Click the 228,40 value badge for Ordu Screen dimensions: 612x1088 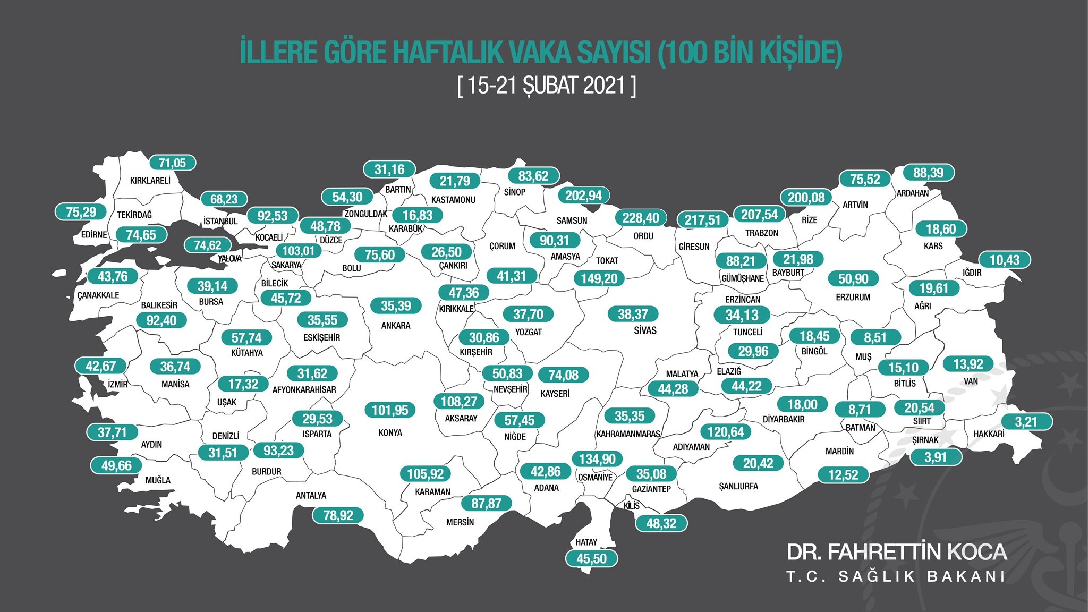pyautogui.click(x=641, y=218)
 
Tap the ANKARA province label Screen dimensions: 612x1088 pyautogui.click(x=396, y=326)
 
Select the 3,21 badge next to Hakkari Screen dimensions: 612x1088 pyautogui.click(x=1026, y=422)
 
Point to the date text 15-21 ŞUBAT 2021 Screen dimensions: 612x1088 pyautogui.click(x=547, y=85)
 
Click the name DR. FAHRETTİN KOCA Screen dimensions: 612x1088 pyautogui.click(x=896, y=552)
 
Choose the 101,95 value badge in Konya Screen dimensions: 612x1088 pyautogui.click(x=390, y=410)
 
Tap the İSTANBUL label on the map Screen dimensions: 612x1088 pyautogui.click(x=220, y=221)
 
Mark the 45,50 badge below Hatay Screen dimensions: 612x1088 pyautogui.click(x=591, y=558)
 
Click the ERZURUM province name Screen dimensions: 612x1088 pyautogui.click(x=853, y=297)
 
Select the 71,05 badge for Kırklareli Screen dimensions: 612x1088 pyautogui.click(x=172, y=163)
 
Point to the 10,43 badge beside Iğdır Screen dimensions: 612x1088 pyautogui.click(x=1005, y=260)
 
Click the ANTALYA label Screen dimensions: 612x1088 pyautogui.click(x=311, y=496)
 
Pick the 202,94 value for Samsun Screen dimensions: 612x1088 pyautogui.click(x=583, y=195)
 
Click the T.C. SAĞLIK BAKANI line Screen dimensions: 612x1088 pyautogui.click(x=896, y=577)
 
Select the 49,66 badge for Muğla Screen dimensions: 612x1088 pyautogui.click(x=116, y=466)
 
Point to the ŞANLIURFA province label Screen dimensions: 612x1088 pyautogui.click(x=738, y=486)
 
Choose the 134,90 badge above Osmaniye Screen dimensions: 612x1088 pyautogui.click(x=597, y=459)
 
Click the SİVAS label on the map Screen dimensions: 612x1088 pyautogui.click(x=645, y=330)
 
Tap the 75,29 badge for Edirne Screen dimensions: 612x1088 pyautogui.click(x=81, y=212)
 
